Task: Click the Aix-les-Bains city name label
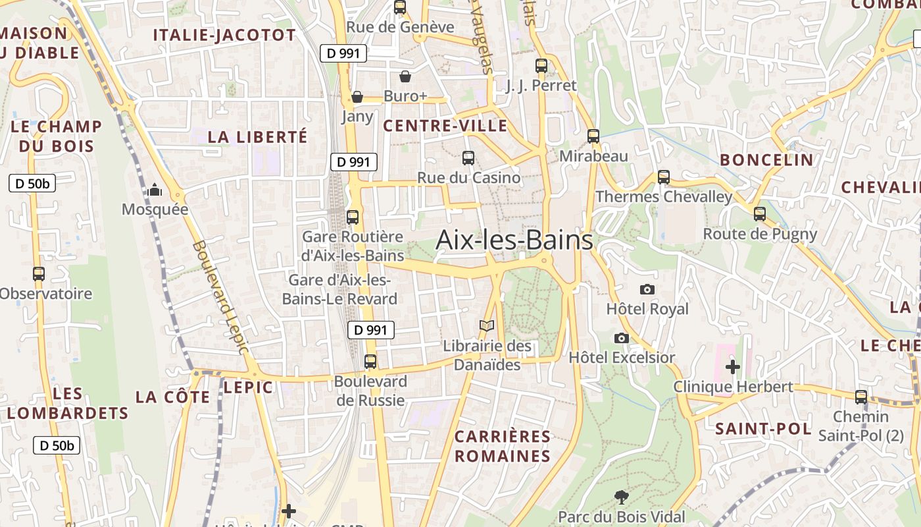(x=514, y=240)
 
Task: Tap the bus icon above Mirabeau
(x=593, y=136)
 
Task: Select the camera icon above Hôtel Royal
(x=647, y=289)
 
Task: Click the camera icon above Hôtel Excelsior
(x=621, y=338)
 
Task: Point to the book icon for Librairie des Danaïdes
(x=487, y=325)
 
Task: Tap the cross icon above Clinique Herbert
(x=733, y=366)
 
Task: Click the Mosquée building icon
(x=155, y=190)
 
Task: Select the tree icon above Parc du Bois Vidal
(x=621, y=497)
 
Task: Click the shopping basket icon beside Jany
(x=357, y=97)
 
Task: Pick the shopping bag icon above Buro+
(x=405, y=76)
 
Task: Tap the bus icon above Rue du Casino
(x=468, y=157)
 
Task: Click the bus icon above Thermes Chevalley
(x=664, y=177)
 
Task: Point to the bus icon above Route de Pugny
(x=760, y=213)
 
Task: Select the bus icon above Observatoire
(x=39, y=273)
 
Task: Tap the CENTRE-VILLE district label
(x=445, y=126)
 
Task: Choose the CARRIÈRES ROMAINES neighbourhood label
(x=503, y=446)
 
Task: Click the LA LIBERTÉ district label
(x=257, y=137)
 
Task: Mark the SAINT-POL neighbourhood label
(x=763, y=429)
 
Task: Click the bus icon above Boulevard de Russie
(x=370, y=361)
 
